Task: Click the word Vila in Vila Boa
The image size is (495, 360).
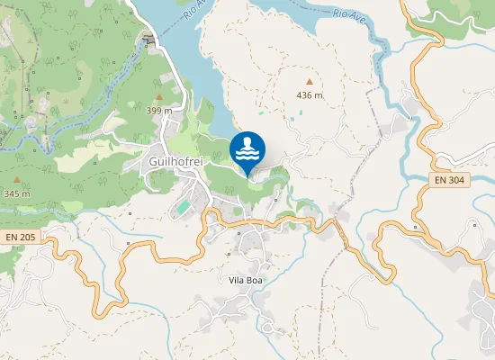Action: [237, 280]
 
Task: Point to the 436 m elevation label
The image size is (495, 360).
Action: [310, 94]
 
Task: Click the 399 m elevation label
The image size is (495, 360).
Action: [159, 110]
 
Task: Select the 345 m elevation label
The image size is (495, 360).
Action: [17, 193]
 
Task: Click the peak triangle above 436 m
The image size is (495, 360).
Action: [310, 82]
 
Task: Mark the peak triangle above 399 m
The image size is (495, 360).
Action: [159, 96]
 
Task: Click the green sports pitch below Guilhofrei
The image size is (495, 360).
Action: [183, 207]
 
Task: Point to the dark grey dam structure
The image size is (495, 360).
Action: [149, 40]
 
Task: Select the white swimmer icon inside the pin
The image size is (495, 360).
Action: [247, 147]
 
